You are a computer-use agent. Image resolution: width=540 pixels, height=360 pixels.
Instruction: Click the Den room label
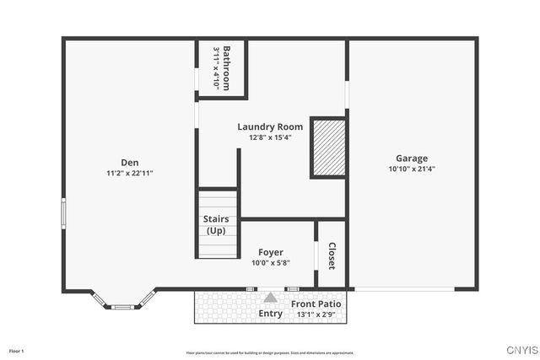coord(129,163)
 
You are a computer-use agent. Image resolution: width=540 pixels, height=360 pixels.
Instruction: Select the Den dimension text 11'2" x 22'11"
coord(129,173)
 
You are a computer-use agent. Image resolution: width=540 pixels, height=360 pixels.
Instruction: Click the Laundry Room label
coord(270,127)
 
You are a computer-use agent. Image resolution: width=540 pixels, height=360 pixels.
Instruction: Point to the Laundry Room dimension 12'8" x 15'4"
coord(270,137)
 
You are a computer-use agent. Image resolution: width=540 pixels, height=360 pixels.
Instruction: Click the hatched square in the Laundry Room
coord(328,148)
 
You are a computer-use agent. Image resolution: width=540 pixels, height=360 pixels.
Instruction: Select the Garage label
coord(412,158)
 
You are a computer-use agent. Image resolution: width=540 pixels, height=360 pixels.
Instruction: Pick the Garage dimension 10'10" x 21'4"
coord(412,168)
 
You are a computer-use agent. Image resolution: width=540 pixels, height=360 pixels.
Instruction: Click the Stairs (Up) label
coord(217,224)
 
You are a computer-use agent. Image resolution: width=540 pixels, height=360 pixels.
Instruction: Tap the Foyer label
coord(271,252)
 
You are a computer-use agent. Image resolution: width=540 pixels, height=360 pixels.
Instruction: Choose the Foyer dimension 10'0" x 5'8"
coord(271,262)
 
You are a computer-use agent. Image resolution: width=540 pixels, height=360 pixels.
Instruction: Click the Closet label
coord(332,255)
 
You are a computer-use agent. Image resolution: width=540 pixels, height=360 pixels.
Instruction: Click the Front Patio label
coord(316,304)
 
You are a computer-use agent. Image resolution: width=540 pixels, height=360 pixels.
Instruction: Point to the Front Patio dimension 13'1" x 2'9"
coord(316,314)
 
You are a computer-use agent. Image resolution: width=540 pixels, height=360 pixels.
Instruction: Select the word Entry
coord(271,314)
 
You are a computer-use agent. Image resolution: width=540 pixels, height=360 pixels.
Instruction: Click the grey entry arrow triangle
coord(270,298)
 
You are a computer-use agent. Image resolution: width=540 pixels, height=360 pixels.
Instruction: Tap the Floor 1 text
coord(17,350)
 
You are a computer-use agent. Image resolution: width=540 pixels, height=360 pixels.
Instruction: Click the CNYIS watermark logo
coord(521,350)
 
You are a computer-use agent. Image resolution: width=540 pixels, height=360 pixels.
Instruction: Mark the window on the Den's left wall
coord(63,212)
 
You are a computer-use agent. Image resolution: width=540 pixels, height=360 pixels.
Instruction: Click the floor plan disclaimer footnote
coord(270,352)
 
